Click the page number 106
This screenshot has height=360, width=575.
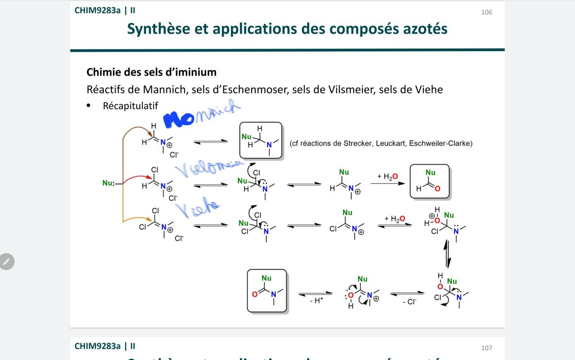pos(487,12)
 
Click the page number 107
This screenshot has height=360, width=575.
pos(487,348)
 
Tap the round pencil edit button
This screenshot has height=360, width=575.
pos(7,262)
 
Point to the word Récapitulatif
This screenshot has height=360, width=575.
pos(130,106)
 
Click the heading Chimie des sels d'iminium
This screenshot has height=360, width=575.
pos(151,72)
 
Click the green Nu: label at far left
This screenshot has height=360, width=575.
pos(108,183)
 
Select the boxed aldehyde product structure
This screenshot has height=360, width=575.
pos(429,182)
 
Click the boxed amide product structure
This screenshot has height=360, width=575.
pos(267,291)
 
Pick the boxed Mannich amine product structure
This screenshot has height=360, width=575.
pos(261,140)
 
